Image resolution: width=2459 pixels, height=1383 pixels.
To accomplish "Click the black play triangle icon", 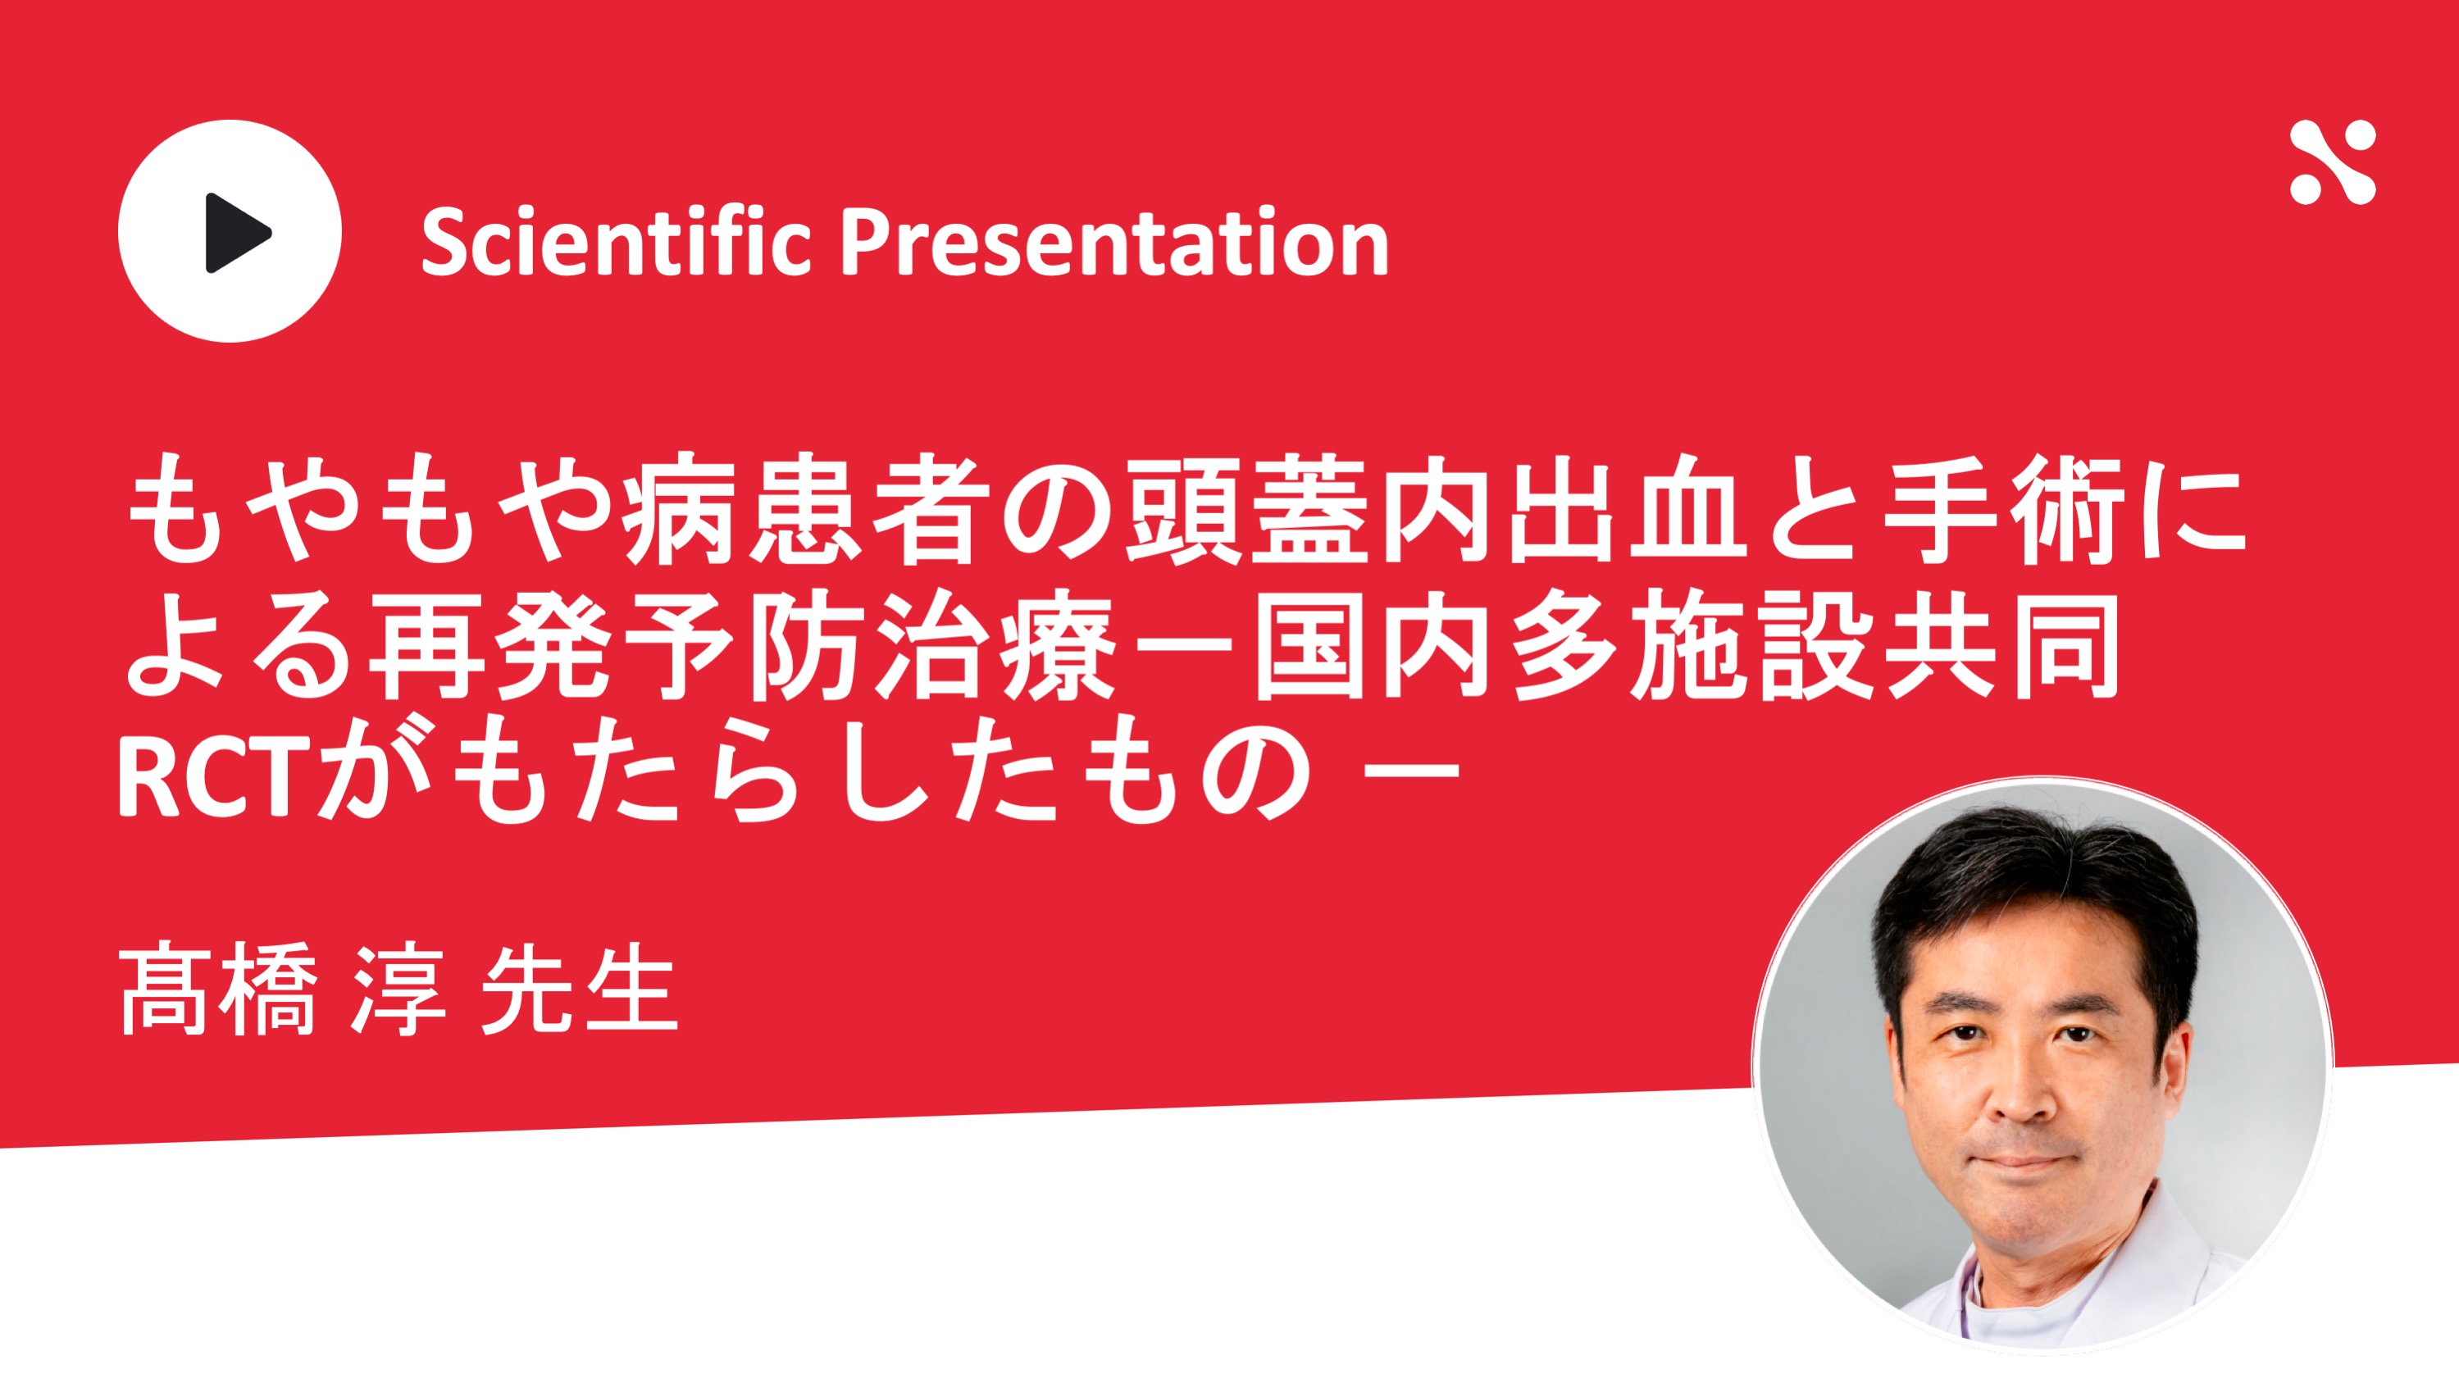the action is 237,232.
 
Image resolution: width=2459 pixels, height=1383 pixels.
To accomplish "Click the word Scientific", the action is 616,242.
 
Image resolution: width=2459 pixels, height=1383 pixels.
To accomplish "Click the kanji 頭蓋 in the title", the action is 1250,509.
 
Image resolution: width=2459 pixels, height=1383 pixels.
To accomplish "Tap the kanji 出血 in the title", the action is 1628,509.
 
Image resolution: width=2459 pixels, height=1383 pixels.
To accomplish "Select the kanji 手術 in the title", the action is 2004,509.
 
